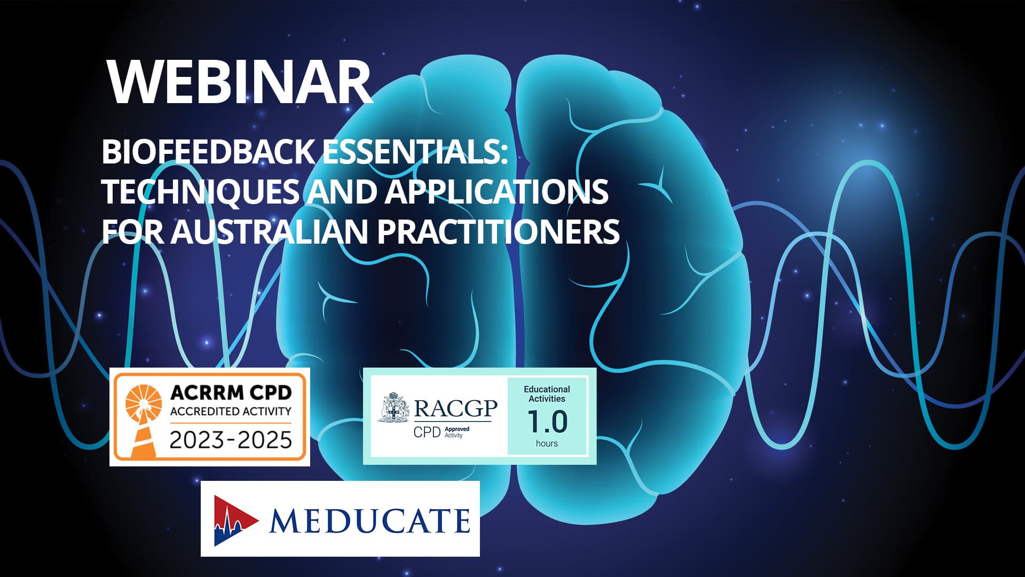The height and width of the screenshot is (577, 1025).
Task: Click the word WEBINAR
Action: [240, 82]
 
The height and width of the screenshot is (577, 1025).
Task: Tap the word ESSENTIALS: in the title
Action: [414, 152]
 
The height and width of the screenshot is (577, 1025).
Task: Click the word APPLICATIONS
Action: [496, 191]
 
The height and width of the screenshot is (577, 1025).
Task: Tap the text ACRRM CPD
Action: [231, 393]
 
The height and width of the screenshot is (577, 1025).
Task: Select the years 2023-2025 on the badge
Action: [231, 440]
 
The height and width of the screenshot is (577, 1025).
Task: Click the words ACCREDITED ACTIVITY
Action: [231, 411]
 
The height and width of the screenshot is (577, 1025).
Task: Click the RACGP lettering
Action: [456, 409]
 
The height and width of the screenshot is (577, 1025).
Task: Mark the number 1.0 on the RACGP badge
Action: [547, 422]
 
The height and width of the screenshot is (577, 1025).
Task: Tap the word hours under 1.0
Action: [547, 443]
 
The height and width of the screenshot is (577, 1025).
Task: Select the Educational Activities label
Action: [547, 394]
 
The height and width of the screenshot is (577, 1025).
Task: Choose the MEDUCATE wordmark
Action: [370, 520]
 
